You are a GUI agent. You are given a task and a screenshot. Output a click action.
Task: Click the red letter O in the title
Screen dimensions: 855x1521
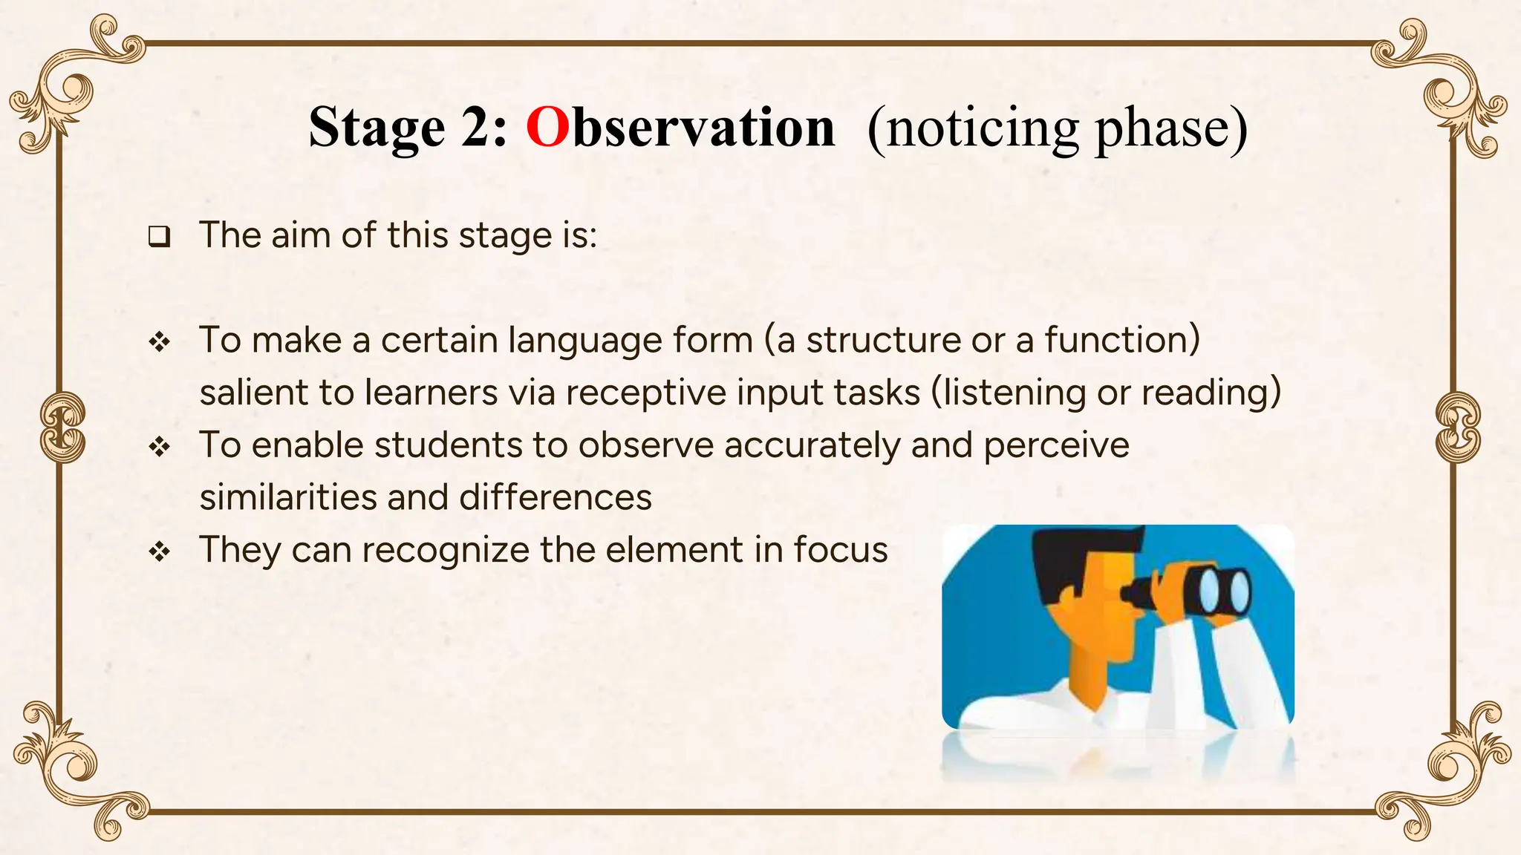click(547, 128)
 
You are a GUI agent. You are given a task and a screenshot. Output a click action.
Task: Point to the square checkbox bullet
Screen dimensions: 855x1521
click(159, 237)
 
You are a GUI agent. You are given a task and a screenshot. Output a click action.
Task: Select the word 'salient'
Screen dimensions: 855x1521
click(253, 393)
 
